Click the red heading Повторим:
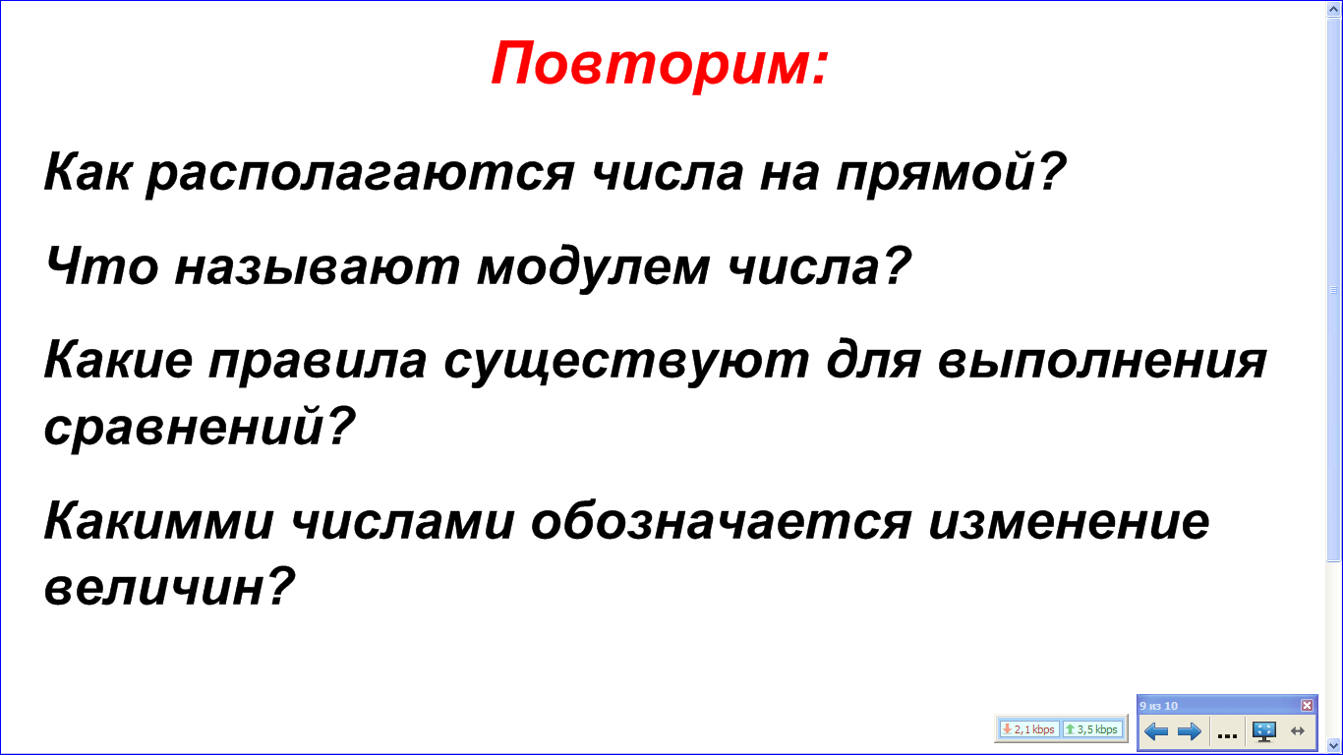pos(660,64)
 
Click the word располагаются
pos(361,173)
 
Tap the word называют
pos(318,267)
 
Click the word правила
pos(318,361)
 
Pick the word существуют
pos(626,361)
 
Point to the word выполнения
pos(1102,361)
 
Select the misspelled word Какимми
pos(159,522)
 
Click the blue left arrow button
pos(1156,731)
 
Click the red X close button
pos(1307,705)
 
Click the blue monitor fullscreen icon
pos(1264,731)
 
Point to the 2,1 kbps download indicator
pos(1028,729)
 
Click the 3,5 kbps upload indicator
pos(1092,729)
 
